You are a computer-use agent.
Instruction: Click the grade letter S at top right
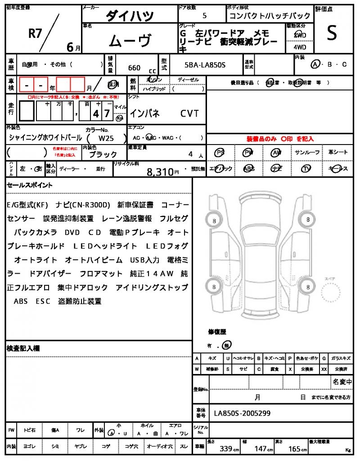332,33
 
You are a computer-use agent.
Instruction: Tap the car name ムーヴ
130,41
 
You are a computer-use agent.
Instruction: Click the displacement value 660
134,68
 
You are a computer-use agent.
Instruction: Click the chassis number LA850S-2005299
242,413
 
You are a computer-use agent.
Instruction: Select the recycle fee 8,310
160,172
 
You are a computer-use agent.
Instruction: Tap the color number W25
106,139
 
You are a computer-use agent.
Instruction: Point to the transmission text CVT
189,113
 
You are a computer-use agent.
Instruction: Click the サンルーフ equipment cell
307,153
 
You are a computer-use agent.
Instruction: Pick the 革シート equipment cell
338,153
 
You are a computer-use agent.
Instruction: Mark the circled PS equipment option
220,153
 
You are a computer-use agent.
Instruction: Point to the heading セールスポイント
30,185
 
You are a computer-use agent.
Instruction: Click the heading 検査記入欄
23,348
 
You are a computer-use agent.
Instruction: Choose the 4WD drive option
300,47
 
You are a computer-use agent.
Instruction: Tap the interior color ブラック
103,154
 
